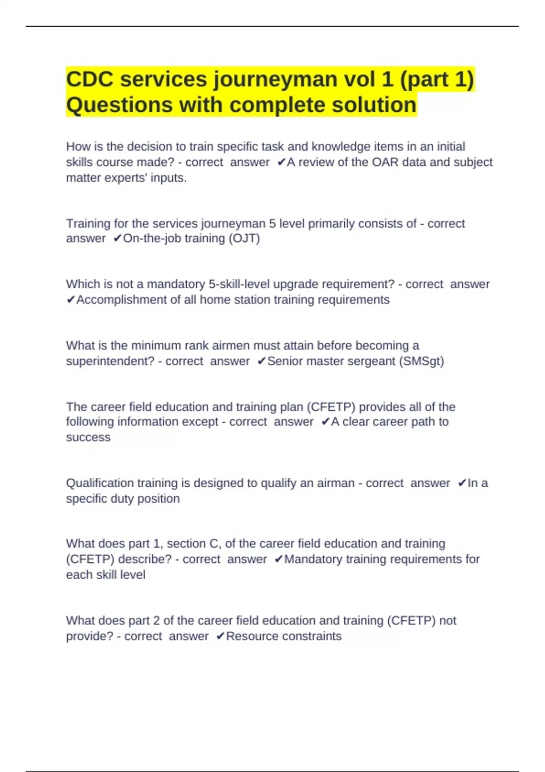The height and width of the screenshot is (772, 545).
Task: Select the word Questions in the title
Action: (119, 105)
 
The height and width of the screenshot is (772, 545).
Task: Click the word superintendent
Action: (110, 361)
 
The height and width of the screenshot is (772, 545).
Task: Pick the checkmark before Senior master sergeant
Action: (261, 361)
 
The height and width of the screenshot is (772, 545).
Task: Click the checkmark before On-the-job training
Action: (117, 238)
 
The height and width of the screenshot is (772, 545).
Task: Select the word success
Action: (88, 437)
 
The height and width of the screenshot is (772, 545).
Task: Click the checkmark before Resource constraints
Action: (220, 636)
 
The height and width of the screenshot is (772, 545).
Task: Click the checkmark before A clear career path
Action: (325, 422)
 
